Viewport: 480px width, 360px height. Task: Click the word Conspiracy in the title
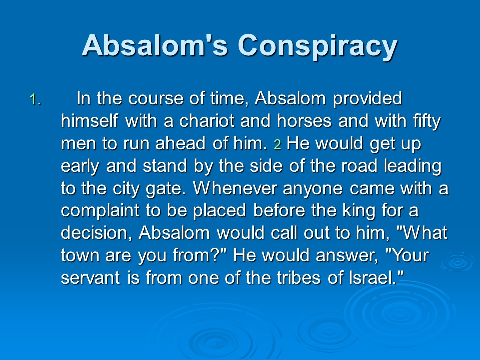tap(318, 47)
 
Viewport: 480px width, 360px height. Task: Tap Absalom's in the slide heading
tap(155, 45)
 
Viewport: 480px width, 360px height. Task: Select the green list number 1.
tap(35, 100)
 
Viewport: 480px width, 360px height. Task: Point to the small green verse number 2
tap(277, 145)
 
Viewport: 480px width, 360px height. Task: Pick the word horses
tap(304, 121)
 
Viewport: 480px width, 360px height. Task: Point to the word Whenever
tap(235, 188)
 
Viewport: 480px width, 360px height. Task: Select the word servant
tap(90, 278)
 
